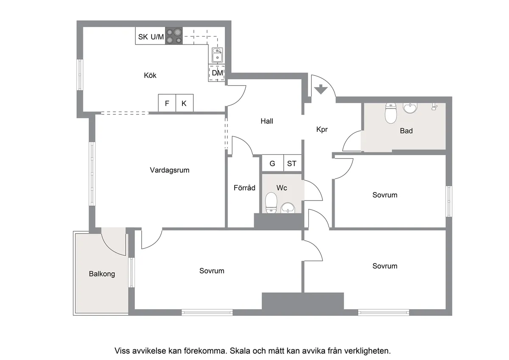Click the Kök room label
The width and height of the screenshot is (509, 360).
point(150,75)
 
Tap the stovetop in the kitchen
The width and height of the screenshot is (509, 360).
point(174,36)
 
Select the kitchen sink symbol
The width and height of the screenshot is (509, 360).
point(217,55)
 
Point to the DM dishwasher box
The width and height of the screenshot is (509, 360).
point(217,73)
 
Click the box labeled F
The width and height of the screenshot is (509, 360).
point(167,103)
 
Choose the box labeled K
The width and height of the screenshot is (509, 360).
point(185,103)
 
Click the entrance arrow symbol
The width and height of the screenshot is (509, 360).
point(321,89)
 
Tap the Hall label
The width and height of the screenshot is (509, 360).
point(267,121)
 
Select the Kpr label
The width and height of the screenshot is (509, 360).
point(322,129)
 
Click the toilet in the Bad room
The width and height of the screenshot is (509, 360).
point(391,113)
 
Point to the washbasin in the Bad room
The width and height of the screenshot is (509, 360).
point(410,108)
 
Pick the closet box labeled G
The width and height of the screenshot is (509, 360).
point(273,163)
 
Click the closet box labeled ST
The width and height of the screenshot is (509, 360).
point(292,163)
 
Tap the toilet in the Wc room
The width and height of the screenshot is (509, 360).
point(271,203)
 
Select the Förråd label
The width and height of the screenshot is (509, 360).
point(244,187)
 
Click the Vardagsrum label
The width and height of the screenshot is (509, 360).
point(170,170)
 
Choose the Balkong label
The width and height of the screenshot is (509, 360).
point(102,274)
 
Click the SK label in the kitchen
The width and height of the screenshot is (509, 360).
point(143,37)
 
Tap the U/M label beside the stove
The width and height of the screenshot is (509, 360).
point(157,36)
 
